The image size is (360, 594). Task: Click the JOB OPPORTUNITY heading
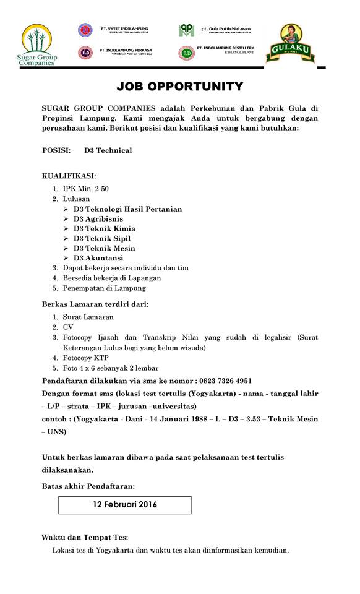point(179,87)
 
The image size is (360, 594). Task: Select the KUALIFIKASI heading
point(69,176)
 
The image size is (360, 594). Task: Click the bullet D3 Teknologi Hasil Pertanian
point(127,209)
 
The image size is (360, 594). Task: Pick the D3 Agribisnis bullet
point(98,219)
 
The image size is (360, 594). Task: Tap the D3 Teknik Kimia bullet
point(104,229)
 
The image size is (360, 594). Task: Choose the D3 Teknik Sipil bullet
point(101,239)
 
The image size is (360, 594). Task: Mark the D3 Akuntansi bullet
point(98,259)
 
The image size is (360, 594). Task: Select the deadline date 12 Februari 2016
point(125,504)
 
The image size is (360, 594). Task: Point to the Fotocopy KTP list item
point(85,358)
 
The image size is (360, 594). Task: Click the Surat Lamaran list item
point(88,317)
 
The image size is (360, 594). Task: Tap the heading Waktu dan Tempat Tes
point(85,537)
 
